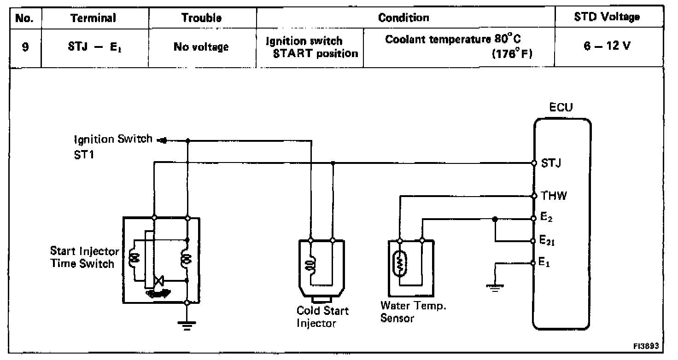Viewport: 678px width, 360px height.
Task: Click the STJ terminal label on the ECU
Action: coord(551,163)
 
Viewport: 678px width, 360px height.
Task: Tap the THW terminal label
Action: coord(554,196)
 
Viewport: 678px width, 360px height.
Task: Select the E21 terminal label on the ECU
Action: coord(547,240)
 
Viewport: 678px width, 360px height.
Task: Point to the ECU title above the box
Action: coord(561,107)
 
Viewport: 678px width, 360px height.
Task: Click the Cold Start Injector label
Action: coord(322,317)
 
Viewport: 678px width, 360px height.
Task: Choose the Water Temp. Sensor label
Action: coord(413,312)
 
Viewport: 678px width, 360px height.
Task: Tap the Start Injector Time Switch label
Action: coord(84,257)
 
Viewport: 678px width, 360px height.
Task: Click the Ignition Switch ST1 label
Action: coord(113,147)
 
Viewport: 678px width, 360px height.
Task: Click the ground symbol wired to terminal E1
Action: coord(495,288)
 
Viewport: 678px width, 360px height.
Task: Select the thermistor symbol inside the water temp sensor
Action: coord(399,263)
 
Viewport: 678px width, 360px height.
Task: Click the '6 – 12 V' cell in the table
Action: coord(607,46)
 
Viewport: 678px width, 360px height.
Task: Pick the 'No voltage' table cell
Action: coord(201,47)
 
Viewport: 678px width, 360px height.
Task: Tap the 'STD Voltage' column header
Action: coord(607,17)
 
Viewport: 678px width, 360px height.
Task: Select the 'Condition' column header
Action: coord(403,17)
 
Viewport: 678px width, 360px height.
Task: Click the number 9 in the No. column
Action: coord(25,47)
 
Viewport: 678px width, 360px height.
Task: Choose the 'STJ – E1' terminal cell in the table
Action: coord(95,47)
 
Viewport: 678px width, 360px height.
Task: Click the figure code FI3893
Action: coord(646,346)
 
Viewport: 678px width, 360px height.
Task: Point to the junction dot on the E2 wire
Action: coord(495,219)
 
